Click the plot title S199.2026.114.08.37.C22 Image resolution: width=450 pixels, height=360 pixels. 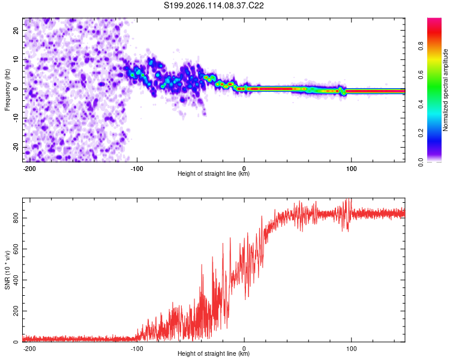[214, 5]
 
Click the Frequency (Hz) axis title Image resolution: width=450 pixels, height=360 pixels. [7, 90]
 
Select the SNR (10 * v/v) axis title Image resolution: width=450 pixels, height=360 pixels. [7, 270]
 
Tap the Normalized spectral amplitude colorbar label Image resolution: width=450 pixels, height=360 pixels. [445, 90]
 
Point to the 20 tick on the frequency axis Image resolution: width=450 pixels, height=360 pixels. [16, 30]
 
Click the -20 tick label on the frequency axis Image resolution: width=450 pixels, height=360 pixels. [16, 148]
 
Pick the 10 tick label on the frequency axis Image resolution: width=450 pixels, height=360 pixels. [16, 59]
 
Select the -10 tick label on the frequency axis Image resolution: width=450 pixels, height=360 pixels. [16, 118]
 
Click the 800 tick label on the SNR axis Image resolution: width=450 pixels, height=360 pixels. [16, 218]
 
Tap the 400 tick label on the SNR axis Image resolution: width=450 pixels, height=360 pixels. [16, 280]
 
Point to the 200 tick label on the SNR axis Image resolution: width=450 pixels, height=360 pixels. [16, 311]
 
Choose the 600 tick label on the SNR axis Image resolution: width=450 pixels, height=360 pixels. [16, 249]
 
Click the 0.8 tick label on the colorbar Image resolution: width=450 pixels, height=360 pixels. [421, 46]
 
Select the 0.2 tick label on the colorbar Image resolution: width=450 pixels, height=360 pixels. [421, 133]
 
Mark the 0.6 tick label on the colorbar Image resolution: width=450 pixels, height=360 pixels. [421, 75]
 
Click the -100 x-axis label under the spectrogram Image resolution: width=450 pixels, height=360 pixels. [137, 169]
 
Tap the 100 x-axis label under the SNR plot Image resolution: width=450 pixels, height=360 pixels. [351, 349]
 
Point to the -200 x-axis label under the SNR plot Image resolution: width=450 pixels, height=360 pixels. [29, 349]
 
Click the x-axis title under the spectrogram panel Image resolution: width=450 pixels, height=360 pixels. [214, 173]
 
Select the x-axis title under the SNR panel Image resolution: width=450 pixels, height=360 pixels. [214, 353]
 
